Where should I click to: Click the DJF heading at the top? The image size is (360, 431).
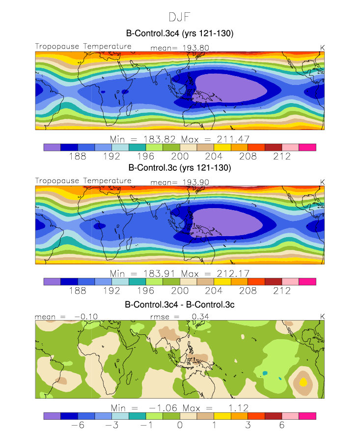[180, 18]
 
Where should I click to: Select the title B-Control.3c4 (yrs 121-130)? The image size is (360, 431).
[180, 33]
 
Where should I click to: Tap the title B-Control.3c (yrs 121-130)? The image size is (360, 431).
[180, 167]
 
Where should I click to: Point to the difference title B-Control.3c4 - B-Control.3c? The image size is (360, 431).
[180, 305]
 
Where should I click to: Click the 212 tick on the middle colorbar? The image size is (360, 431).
[282, 290]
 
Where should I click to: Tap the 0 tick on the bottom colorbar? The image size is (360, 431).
[180, 425]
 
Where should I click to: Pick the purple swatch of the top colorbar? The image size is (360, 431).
[52, 147]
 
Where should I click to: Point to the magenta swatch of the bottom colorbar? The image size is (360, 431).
[307, 415]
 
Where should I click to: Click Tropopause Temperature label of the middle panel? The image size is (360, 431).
[83, 180]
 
